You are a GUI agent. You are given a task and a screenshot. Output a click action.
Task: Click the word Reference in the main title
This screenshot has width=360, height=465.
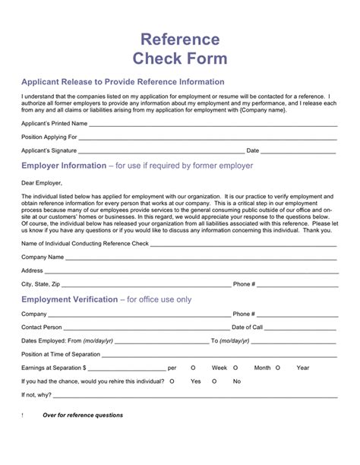(x=180, y=39)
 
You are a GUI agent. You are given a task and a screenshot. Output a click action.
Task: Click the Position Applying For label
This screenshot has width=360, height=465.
(x=49, y=137)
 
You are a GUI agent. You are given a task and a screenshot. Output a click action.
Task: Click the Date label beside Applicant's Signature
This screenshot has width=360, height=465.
(x=274, y=150)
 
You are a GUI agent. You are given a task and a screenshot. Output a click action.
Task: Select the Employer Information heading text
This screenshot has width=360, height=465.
(x=65, y=165)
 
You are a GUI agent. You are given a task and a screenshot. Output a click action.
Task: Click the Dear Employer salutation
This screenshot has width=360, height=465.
(x=42, y=182)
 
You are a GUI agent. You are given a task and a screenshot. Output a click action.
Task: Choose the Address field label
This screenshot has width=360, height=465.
(x=33, y=270)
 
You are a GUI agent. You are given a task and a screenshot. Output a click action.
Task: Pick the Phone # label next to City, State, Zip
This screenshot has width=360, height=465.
(x=244, y=283)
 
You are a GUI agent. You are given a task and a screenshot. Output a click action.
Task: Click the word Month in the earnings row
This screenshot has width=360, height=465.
(x=263, y=368)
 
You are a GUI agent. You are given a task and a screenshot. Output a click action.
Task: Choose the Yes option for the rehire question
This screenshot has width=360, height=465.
(x=196, y=381)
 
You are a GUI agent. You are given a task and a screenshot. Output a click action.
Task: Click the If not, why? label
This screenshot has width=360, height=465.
(x=37, y=395)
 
